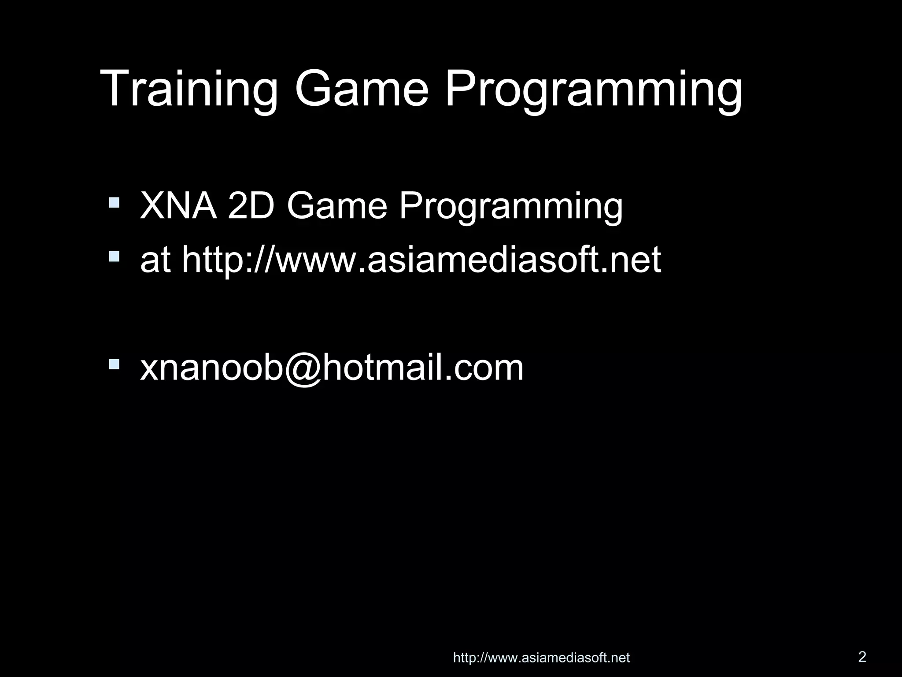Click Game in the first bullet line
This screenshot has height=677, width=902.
[337, 206]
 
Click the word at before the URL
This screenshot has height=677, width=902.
[155, 260]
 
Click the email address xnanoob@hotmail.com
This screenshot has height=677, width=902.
[332, 368]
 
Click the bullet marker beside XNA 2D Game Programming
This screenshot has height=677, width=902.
[114, 202]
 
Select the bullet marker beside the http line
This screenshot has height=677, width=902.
[114, 256]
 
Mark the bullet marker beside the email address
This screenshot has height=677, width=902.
[114, 364]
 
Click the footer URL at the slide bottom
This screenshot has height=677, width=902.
[541, 658]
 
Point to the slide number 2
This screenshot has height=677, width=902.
[862, 657]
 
